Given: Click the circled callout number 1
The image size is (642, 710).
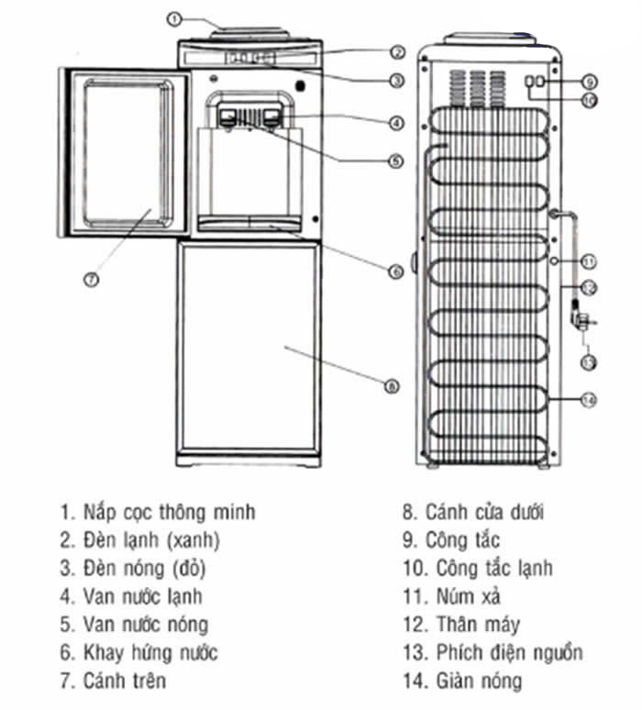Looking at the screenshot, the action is pos(174,19).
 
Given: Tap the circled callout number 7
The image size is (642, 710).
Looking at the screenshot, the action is pos(92,280).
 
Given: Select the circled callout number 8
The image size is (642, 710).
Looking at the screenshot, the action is pos(392,386).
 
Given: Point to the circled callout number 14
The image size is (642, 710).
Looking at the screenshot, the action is pos(588,400).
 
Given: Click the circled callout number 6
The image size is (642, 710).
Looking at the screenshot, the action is pos(395,272).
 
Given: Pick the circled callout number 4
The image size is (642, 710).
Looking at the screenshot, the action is pos(396,123).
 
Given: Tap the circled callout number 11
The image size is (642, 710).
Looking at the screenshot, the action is pos(589,261).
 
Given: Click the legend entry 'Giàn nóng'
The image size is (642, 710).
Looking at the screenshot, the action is pos(479,681).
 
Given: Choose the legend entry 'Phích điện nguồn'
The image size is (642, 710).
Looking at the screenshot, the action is pos(509,653).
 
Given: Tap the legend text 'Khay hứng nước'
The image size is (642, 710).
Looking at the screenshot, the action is pos(150,653).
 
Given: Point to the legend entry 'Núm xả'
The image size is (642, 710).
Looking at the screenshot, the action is pos(468,596).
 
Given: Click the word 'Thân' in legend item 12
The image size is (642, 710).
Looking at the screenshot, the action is pos(455,625).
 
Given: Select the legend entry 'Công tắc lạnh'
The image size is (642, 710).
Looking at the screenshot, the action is pos(494,569).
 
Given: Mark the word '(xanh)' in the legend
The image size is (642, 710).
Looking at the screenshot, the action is pos(194,540).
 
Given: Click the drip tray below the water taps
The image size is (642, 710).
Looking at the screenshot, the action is pos(249,224).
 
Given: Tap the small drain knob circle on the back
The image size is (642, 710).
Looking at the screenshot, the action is pos(555,261).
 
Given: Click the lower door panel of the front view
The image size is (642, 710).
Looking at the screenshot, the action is pos(249,348).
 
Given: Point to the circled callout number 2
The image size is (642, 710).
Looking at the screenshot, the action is pos(397,52).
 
